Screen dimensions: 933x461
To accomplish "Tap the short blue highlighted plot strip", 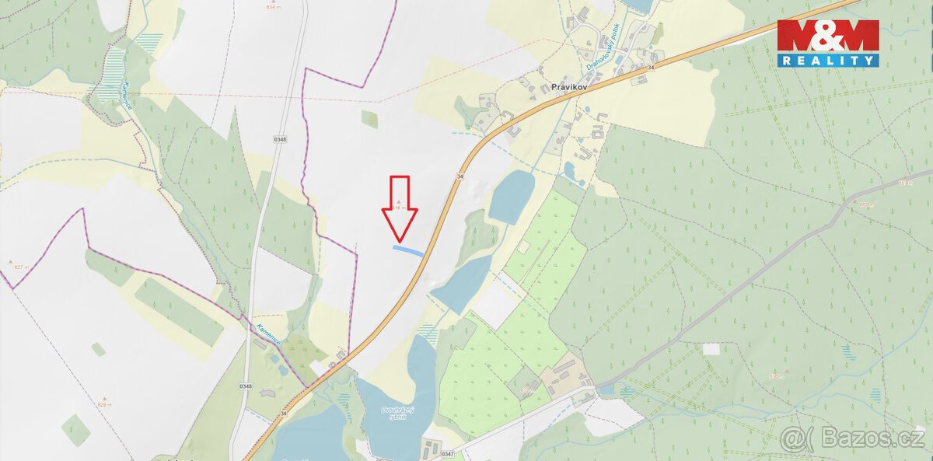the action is click(x=408, y=250).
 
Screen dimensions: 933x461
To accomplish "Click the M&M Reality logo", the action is click(x=828, y=43).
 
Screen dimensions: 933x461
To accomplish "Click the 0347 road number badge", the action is click(x=447, y=452).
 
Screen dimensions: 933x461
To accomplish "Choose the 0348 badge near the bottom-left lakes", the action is click(x=246, y=386).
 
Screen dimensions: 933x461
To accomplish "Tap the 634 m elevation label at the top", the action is click(x=272, y=7).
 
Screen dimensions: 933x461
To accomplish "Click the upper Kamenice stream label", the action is click(x=123, y=97).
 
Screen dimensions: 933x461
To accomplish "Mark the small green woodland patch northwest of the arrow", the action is click(x=370, y=119).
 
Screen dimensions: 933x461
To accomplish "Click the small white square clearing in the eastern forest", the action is click(x=711, y=349).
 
